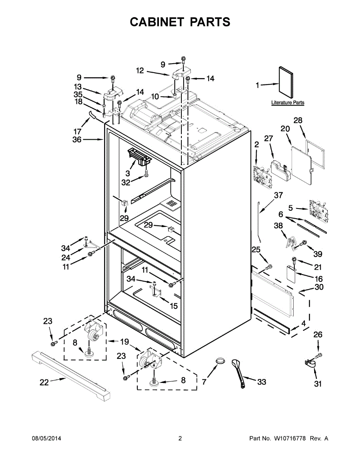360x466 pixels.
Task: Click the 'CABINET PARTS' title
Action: pos(180,22)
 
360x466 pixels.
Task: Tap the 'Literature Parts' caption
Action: pos(287,103)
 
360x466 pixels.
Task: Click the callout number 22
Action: pos(44,382)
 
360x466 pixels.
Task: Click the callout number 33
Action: pos(262,382)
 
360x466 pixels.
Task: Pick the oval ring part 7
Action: pos(220,361)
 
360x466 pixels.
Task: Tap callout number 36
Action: pos(77,140)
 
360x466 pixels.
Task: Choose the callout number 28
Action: pos(298,120)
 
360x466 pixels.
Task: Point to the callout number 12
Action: pos(140,71)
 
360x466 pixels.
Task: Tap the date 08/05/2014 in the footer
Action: pos(46,438)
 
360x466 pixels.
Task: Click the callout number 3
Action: pos(128,174)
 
